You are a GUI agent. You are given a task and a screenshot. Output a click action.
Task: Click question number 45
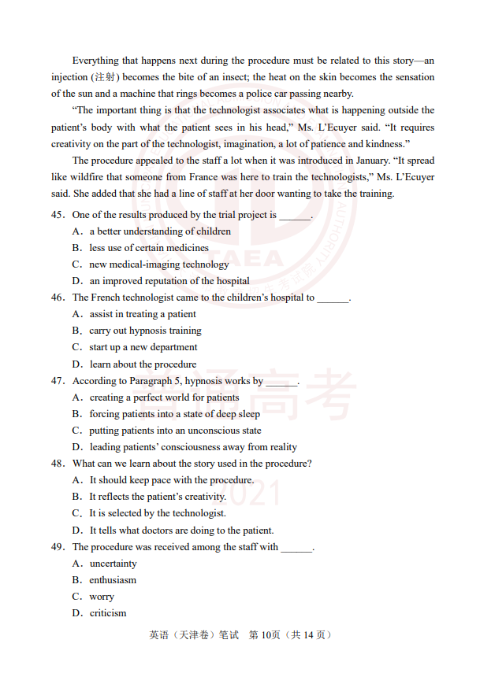coord(58,215)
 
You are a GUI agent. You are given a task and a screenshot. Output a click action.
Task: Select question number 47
coord(58,381)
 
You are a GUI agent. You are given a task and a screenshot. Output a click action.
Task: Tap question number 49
coord(58,547)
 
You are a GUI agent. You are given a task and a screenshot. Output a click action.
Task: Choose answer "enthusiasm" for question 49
coord(113,580)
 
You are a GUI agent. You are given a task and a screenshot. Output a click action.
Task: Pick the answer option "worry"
coord(102,597)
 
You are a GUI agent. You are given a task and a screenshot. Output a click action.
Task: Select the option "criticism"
coord(108,613)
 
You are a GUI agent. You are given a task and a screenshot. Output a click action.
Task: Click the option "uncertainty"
coord(113,564)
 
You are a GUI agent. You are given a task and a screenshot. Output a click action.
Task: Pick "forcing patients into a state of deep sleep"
coord(174,414)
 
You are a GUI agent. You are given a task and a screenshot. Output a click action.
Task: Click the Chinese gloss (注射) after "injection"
coord(105,77)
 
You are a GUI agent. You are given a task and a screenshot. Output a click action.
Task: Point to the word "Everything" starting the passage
coord(95,61)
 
